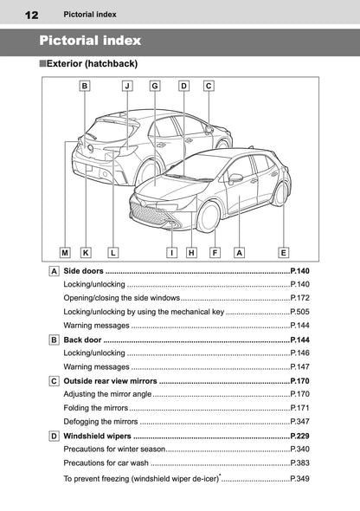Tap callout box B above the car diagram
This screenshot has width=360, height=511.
(x=85, y=86)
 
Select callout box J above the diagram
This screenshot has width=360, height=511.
(x=126, y=86)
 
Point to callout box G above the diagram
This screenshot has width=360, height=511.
(x=154, y=86)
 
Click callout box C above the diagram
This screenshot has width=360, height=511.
(x=209, y=86)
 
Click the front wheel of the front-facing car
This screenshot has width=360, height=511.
(x=209, y=217)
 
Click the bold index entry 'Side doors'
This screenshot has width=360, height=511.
(x=84, y=272)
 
